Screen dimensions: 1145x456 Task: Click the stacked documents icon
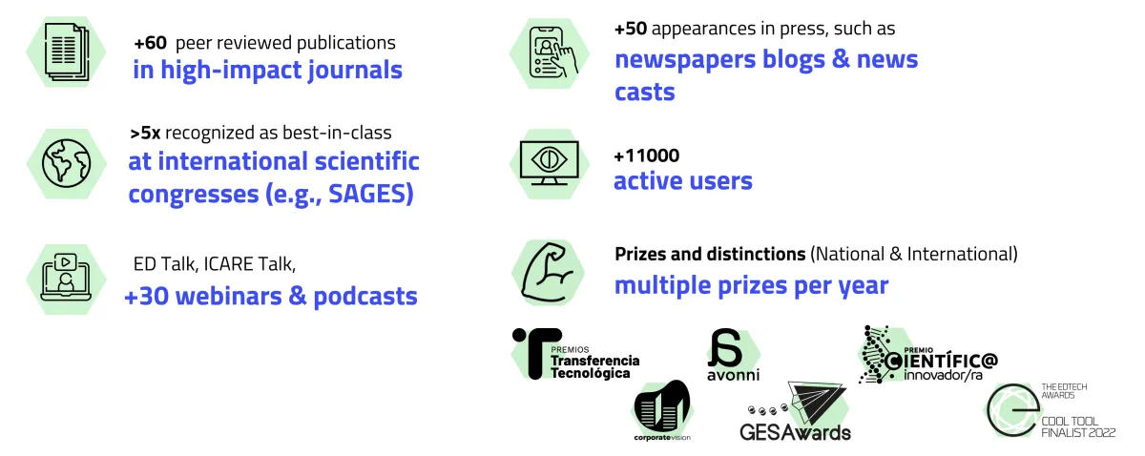click(67, 52)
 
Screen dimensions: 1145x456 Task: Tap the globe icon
click(67, 163)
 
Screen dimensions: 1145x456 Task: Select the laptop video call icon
click(66, 277)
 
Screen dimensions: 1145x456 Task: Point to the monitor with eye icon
click(550, 163)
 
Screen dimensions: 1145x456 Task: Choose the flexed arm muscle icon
click(548, 272)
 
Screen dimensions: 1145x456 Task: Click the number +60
click(151, 43)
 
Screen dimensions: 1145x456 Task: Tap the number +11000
click(647, 155)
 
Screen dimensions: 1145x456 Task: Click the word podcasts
click(364, 297)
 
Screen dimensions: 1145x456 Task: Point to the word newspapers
click(685, 60)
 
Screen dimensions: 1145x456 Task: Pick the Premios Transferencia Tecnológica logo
click(575, 354)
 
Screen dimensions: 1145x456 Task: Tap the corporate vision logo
click(662, 410)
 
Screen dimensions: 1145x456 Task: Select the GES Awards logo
click(796, 411)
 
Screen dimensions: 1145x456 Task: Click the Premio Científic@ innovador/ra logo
click(927, 354)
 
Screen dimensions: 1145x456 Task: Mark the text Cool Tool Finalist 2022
click(1078, 426)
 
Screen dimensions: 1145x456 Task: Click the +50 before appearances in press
click(631, 29)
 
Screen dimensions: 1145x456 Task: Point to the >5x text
click(145, 133)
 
